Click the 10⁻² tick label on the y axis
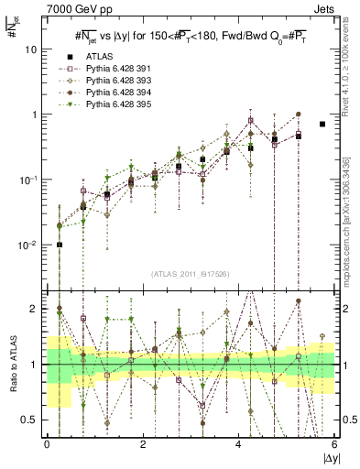pos(29,245)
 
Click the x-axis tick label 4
pos(238,444)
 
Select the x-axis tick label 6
pos(334,444)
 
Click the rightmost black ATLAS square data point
pos(322,124)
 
